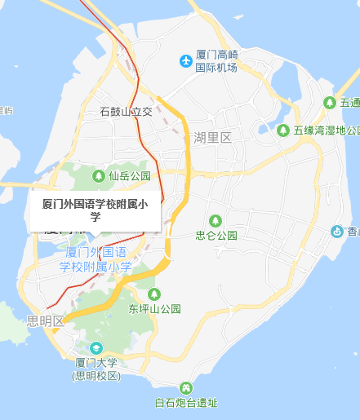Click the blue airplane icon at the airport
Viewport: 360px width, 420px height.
click(x=185, y=61)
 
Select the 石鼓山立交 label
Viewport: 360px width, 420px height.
click(x=126, y=111)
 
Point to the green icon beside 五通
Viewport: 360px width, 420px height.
click(x=329, y=103)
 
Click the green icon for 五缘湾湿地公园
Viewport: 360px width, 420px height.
click(x=282, y=130)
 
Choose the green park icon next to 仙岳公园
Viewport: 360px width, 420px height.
click(x=99, y=175)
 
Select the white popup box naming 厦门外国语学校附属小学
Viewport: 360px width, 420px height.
click(x=95, y=210)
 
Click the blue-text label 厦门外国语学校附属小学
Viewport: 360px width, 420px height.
click(x=96, y=259)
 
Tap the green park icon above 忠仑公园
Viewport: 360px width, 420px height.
click(x=216, y=220)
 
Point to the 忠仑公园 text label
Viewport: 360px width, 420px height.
click(x=216, y=235)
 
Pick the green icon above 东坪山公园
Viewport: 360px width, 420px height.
click(x=153, y=294)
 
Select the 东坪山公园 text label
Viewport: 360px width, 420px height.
click(x=153, y=309)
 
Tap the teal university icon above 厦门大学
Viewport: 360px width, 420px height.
click(x=96, y=349)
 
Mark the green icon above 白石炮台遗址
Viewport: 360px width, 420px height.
click(x=186, y=387)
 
